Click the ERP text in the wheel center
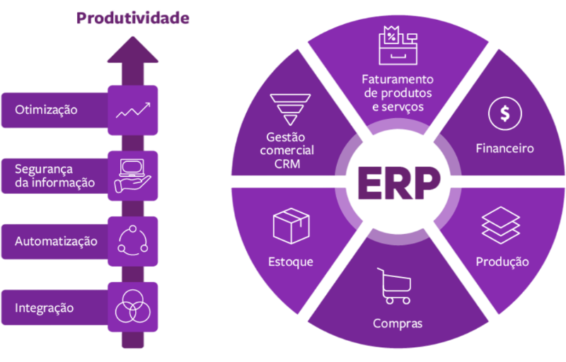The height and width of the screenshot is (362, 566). coord(398,182)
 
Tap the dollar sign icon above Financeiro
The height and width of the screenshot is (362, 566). coord(505,113)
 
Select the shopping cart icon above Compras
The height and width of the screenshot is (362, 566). coord(393,285)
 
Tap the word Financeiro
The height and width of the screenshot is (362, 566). coord(504,148)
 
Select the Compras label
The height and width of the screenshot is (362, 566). coord(398,324)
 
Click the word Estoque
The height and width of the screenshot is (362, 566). coord(290,262)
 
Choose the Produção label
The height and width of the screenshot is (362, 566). coord(502,262)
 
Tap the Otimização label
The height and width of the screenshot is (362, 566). coord(47,110)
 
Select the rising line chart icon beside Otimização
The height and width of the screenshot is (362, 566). coord(133,110)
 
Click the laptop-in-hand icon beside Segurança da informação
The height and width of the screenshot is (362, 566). coord(133,174)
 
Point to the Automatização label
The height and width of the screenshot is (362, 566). coord(56,241)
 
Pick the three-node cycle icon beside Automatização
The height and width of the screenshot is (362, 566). coord(133,240)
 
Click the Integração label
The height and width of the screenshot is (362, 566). coord(45,308)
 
